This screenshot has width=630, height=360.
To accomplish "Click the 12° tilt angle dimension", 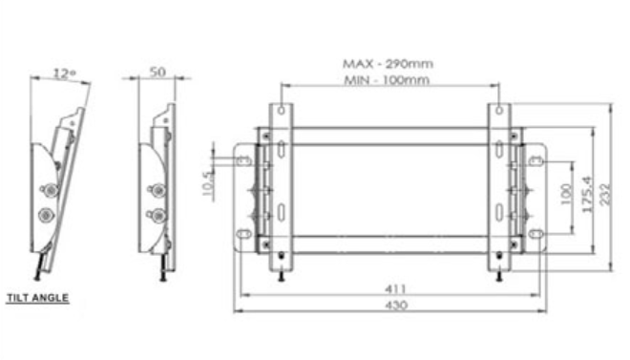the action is click(64, 74).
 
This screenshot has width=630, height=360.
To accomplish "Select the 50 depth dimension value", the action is click(157, 72).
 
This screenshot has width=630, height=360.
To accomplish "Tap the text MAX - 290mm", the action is click(388, 63).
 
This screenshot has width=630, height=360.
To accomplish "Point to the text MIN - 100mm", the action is click(387, 80).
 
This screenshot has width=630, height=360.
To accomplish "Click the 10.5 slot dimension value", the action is click(208, 183).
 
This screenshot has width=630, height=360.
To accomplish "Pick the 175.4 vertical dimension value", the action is click(587, 194).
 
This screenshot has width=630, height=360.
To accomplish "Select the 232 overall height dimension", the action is click(604, 195).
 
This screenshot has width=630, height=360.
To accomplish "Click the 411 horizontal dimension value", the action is click(396, 289).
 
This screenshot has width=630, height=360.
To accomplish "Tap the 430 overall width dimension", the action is click(396, 305).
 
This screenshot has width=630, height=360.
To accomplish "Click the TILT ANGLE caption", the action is click(38, 298).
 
